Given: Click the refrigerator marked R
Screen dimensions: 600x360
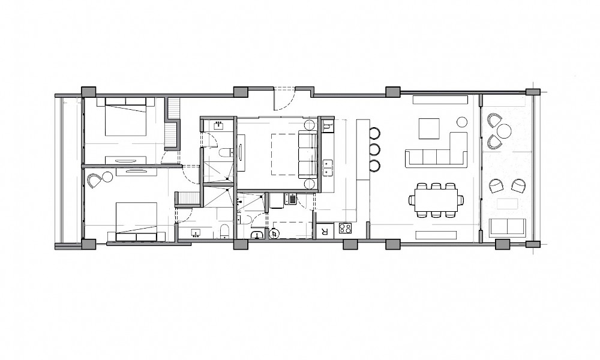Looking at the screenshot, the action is (x=325, y=232).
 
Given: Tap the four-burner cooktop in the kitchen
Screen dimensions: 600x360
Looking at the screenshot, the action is (x=345, y=229).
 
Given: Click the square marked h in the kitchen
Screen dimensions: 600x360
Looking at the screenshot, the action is (x=327, y=125).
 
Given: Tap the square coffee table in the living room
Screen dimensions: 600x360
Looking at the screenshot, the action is (x=429, y=128).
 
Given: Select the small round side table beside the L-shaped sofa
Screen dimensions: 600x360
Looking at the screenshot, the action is (x=462, y=122).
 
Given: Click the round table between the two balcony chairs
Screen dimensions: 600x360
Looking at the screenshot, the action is (x=505, y=130).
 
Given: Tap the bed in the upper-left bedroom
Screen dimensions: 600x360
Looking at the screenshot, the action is (x=125, y=116).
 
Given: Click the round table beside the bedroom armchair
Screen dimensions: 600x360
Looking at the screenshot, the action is (x=108, y=177).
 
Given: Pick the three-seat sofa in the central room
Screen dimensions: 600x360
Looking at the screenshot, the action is (x=308, y=155).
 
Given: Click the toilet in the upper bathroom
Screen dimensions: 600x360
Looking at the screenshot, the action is (x=226, y=152).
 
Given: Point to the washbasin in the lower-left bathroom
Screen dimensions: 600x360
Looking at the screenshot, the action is (x=197, y=233).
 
